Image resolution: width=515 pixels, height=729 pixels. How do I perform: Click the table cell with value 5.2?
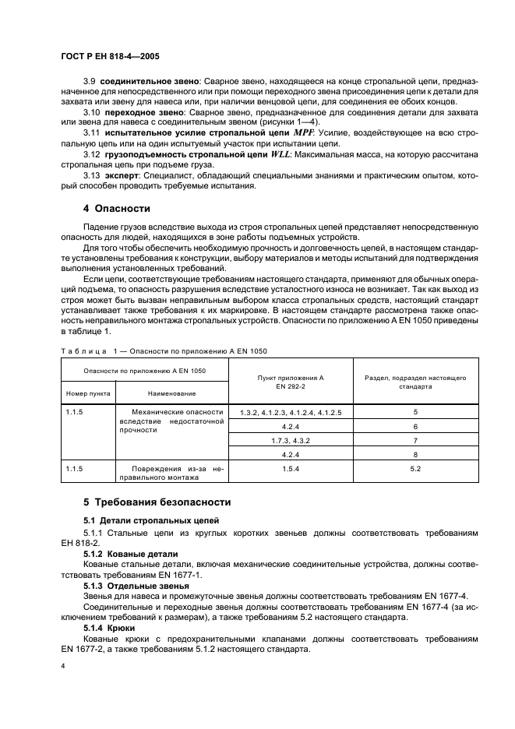[415, 469]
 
